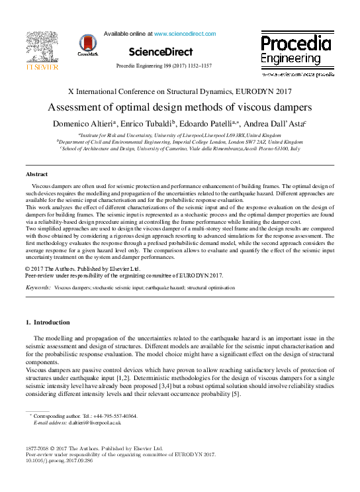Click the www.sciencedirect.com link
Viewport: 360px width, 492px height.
click(185, 33)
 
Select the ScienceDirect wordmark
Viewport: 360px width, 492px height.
click(160, 52)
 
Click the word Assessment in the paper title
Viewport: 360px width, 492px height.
click(77, 107)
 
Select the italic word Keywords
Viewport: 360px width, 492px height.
click(37, 289)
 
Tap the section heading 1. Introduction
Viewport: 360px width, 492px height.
click(47, 322)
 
